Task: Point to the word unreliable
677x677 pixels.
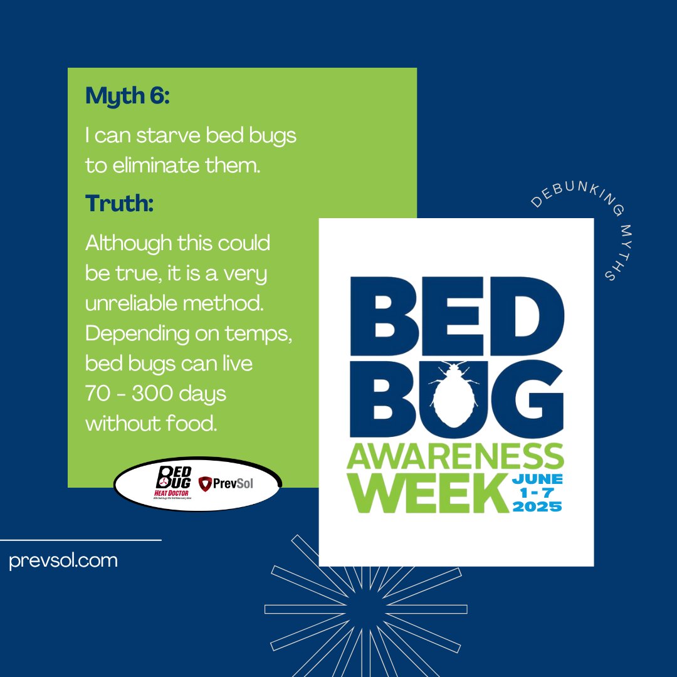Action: (130, 303)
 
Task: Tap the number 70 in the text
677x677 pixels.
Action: (98, 394)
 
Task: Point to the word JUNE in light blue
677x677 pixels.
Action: (537, 479)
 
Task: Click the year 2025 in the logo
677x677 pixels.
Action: (537, 506)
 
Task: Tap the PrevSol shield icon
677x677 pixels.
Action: (204, 484)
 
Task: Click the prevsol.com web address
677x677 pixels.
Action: (63, 560)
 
